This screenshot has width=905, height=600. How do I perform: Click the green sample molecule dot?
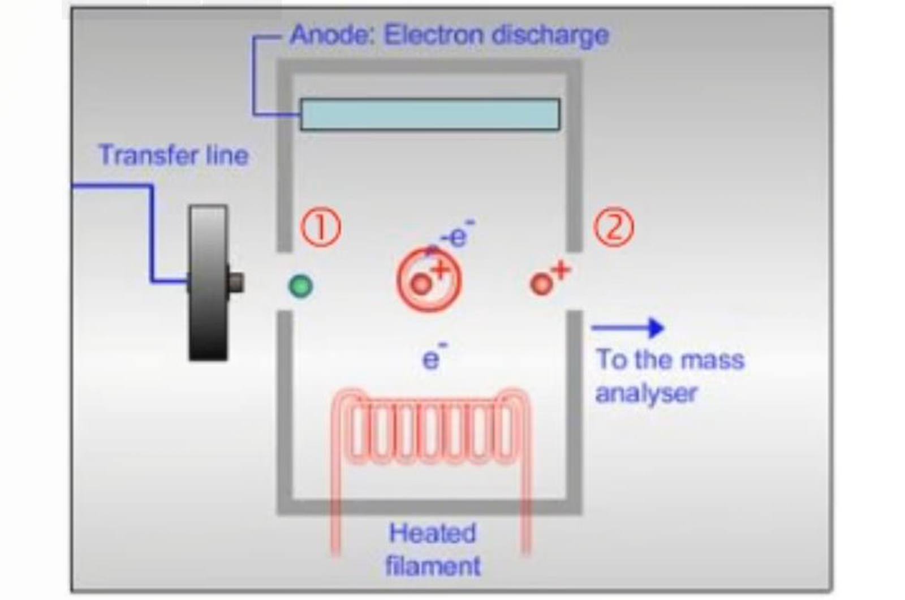click(300, 286)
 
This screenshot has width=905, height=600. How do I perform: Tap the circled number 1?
click(321, 228)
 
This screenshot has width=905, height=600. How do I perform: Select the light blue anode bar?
click(430, 114)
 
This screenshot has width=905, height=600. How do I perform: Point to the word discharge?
click(550, 35)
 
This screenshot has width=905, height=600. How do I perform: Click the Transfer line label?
click(173, 155)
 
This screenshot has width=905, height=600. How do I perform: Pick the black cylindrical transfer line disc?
click(208, 282)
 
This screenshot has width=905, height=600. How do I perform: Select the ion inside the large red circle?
click(421, 284)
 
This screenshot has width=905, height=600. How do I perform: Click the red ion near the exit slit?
click(541, 284)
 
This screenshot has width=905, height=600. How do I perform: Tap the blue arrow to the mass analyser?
click(628, 327)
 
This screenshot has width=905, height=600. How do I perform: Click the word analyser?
click(646, 393)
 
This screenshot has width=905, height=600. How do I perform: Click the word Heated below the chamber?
click(433, 533)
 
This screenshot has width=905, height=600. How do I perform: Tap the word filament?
click(433, 565)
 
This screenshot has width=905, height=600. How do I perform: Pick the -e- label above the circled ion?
click(458, 234)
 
